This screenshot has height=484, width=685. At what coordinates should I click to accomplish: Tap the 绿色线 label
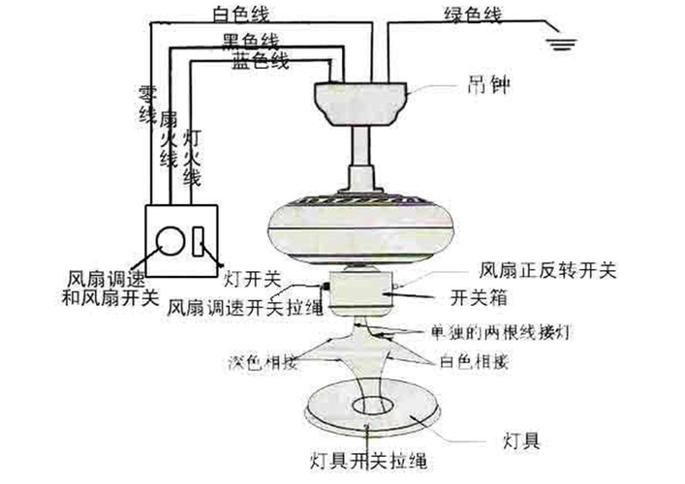tap(447, 15)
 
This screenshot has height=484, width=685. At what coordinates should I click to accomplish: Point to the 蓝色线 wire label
tap(260, 62)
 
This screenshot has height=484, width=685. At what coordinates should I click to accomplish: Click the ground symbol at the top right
tap(559, 42)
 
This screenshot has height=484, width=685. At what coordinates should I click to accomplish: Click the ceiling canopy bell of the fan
tap(360, 100)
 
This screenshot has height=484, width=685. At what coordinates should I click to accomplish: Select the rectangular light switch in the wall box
tap(198, 241)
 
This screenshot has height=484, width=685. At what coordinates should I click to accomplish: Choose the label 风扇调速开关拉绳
tap(244, 307)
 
